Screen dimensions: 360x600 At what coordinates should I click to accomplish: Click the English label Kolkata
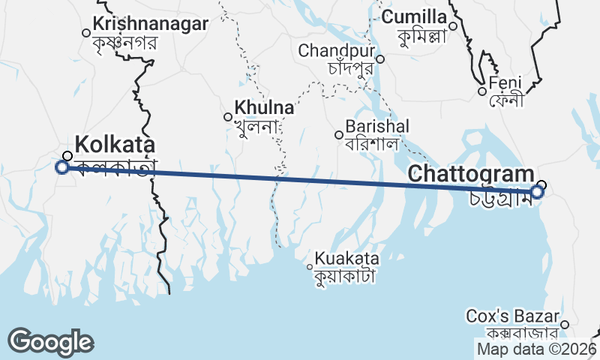point(115,144)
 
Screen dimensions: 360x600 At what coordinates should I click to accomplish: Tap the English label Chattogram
point(470,175)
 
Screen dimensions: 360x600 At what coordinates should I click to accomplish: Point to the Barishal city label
point(377,126)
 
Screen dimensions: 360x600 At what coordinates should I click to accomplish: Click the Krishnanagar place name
point(151,24)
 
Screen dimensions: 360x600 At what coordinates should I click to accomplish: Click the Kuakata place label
point(347,258)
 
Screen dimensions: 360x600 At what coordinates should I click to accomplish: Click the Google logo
point(50,342)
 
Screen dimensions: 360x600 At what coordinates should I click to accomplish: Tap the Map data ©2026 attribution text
point(536,349)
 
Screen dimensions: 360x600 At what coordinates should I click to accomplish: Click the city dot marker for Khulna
point(228,116)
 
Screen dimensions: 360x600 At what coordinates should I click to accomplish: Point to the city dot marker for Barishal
point(339,135)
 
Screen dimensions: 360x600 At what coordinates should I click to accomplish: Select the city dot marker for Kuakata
point(310,266)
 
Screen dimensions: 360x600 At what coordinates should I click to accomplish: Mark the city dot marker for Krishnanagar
point(86,33)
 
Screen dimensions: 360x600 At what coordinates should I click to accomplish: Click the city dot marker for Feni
point(482,91)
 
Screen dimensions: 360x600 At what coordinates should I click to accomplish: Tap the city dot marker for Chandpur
point(380,59)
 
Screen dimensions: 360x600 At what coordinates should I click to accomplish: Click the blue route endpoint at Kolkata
point(62,166)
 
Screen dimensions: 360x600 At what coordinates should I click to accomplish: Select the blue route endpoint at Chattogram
point(537,192)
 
